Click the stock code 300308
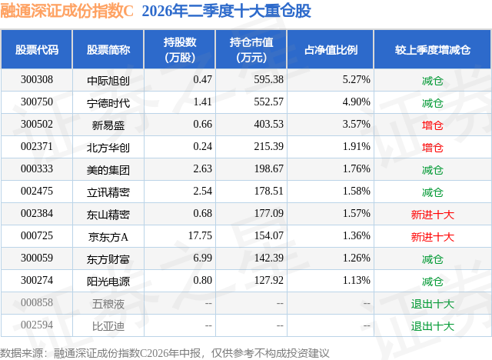(37, 80)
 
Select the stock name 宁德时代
(108, 103)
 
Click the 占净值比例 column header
(331, 49)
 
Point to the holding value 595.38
(268, 80)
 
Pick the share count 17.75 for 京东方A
(200, 235)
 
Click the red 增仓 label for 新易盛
(432, 125)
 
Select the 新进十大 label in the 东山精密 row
(432, 215)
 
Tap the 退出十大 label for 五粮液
(432, 304)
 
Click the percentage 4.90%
(356, 102)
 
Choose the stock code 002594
(37, 325)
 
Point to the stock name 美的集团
(108, 170)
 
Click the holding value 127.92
(268, 280)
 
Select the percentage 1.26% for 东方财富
(356, 258)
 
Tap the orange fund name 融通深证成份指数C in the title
(67, 11)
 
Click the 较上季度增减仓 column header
(433, 49)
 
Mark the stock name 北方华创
(108, 148)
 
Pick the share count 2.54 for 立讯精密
(202, 191)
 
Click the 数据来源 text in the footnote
(22, 353)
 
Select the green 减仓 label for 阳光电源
(432, 282)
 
